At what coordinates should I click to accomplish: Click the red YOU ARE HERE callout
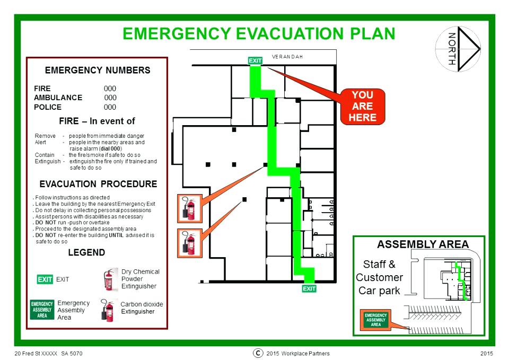coord(363,107)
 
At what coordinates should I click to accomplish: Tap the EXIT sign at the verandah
coord(255,60)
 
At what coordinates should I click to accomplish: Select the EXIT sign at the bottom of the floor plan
coord(309,288)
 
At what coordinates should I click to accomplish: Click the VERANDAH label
coord(287,57)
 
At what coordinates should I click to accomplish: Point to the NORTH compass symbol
coord(458,49)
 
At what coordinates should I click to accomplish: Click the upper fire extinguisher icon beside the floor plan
coord(190,208)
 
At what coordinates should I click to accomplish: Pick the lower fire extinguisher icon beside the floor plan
coord(190,243)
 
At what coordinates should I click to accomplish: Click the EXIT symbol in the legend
coord(45,279)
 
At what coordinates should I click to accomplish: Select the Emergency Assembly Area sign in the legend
coord(42,310)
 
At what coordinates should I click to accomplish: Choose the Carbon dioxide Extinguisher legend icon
coord(108,310)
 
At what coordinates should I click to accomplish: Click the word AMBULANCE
coord(58,98)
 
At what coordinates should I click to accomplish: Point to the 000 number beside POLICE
coord(110,107)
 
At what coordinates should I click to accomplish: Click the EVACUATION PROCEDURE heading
coord(99,184)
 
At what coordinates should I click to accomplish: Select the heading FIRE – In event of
coord(97,121)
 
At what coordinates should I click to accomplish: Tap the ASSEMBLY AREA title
coord(423,244)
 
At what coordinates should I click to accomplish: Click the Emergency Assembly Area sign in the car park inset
coord(375,320)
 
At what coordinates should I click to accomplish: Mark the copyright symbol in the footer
coord(258,353)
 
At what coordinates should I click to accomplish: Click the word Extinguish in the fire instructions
coord(48,161)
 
